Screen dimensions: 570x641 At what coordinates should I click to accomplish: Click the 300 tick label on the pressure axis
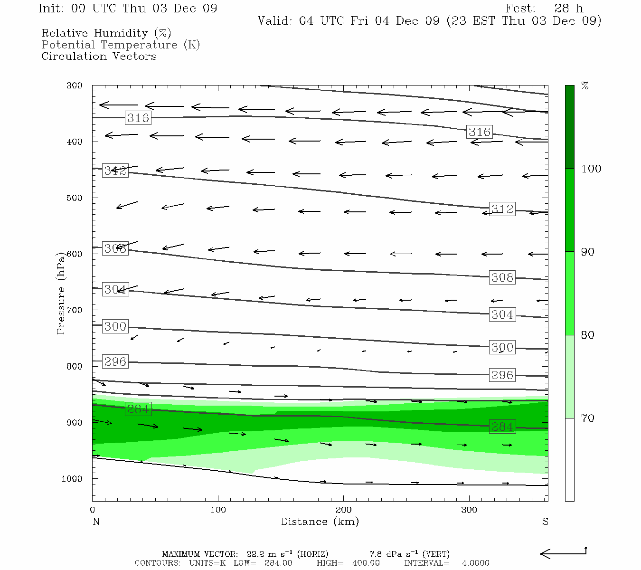point(75,85)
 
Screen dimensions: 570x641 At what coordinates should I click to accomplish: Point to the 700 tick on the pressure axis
point(75,310)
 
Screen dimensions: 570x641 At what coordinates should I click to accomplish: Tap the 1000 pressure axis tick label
point(72,479)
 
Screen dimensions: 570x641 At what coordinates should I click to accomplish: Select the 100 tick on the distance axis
point(218,510)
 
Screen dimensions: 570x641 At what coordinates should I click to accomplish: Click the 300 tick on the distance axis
point(469,510)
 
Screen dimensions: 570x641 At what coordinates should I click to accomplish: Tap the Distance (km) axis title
point(320,522)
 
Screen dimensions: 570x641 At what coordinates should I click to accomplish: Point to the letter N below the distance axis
point(96,522)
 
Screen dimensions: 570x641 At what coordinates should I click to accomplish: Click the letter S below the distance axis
point(545,522)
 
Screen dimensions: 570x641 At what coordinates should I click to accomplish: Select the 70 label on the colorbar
point(588,418)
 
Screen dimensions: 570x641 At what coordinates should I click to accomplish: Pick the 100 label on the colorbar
point(591,169)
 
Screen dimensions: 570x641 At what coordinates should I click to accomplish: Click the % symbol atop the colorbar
point(585,86)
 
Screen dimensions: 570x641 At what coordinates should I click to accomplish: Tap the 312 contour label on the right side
point(502,209)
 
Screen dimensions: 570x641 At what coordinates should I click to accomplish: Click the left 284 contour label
point(138,409)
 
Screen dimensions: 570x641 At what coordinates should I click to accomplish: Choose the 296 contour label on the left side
point(115,362)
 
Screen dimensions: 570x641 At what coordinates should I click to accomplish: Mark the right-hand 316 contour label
point(479,132)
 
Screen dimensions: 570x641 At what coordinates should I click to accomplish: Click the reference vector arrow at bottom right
point(563,553)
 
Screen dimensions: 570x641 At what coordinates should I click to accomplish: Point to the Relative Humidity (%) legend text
point(106,33)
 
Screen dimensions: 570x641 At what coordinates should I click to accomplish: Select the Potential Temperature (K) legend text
point(121,45)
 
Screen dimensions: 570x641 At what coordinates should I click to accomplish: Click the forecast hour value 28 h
point(568,9)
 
